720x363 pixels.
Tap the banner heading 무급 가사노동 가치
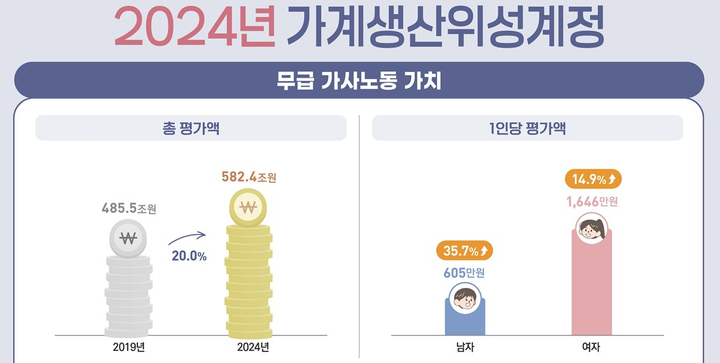point(359,81)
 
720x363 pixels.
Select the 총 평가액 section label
point(191,128)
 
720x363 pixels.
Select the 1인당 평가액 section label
point(527,128)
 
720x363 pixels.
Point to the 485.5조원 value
point(129,208)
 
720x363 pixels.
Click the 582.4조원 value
point(248,177)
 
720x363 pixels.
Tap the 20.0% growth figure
point(189,256)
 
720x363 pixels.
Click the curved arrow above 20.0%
point(187,238)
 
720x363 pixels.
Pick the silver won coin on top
point(128,239)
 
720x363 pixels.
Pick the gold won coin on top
point(249,207)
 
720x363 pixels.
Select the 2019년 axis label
point(129,347)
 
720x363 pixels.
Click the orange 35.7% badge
point(464,251)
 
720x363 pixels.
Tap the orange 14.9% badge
point(593,180)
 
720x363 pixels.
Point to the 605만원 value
point(464,273)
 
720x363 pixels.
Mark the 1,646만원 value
point(592,203)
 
